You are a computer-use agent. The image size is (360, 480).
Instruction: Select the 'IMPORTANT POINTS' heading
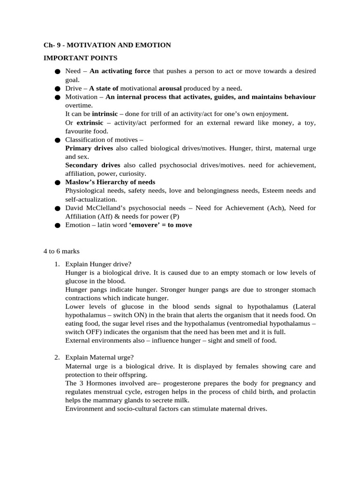pos(81,58)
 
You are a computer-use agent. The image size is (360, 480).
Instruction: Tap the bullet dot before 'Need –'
pos(57,72)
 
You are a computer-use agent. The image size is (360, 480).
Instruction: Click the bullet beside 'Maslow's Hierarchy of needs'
pos(57,183)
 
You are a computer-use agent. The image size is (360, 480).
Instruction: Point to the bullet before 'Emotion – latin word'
pos(57,225)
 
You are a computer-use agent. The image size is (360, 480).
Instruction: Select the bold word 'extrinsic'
pos(90,123)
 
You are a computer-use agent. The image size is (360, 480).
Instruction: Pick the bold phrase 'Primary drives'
pos(89,148)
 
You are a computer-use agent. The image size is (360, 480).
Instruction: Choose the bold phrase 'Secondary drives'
pos(93,165)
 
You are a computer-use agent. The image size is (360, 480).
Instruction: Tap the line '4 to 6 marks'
pos(62,251)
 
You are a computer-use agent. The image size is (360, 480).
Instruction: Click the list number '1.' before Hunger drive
pos(57,264)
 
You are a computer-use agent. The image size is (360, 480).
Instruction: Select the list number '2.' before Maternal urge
pos(57,358)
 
